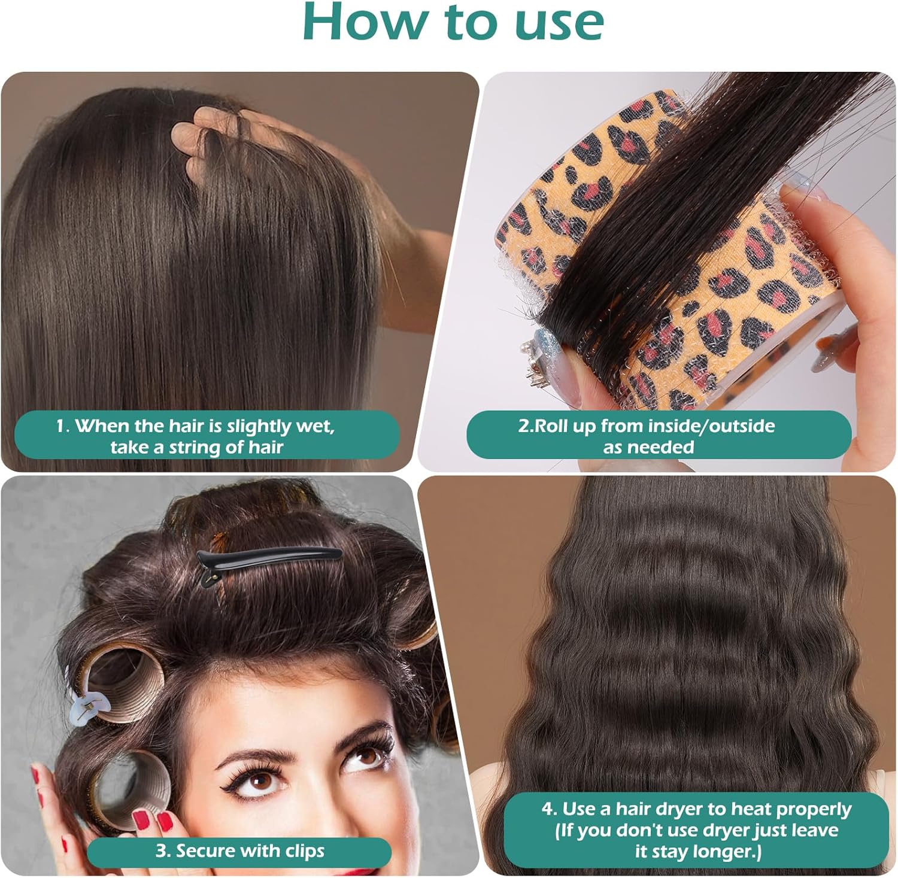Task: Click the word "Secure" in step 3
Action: [205, 850]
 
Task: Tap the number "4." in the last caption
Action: [550, 809]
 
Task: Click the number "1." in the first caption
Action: [63, 426]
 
